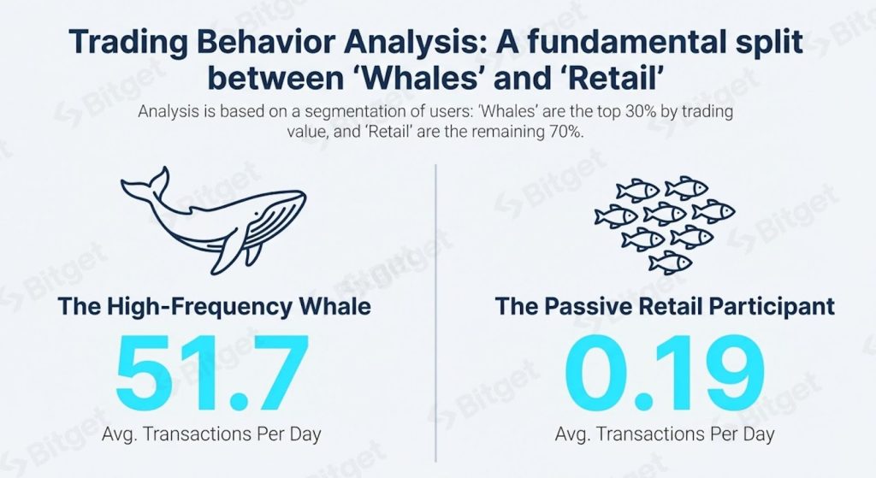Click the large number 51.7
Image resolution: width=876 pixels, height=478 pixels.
(212, 373)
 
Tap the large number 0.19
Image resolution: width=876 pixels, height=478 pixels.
(664, 373)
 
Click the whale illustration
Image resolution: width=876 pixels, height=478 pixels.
(213, 220)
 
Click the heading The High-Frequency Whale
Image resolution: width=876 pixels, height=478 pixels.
(214, 307)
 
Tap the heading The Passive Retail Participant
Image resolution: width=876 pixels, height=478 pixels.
(665, 307)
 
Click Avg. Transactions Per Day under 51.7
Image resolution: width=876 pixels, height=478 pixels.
(212, 434)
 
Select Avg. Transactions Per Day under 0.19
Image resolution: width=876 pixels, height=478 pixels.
(665, 434)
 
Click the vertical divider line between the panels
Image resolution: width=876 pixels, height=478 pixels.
(435, 313)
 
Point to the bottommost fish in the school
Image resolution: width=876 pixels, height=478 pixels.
(670, 262)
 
